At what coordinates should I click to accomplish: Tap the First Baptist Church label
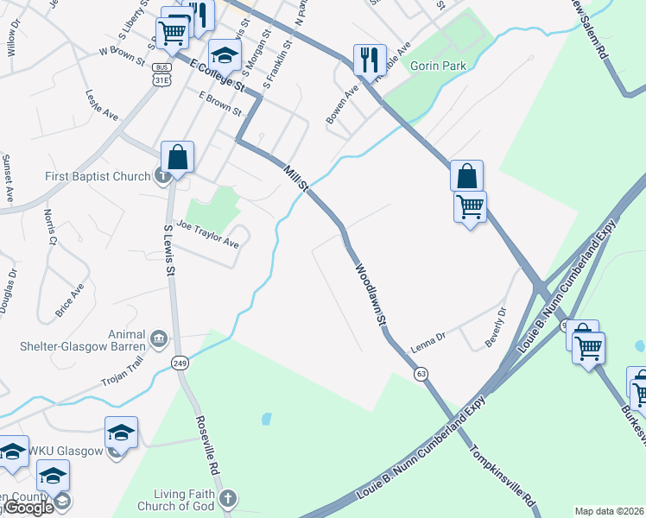pyautogui.click(x=98, y=177)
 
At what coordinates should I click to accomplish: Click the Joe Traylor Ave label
pyautogui.click(x=207, y=232)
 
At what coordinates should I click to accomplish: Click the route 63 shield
pyautogui.click(x=421, y=374)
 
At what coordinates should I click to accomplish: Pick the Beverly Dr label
pyautogui.click(x=494, y=325)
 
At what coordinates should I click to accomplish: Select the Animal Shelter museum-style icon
pyautogui.click(x=158, y=338)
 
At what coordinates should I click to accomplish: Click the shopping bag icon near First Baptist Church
pyautogui.click(x=177, y=157)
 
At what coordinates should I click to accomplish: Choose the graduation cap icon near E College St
pyautogui.click(x=225, y=56)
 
